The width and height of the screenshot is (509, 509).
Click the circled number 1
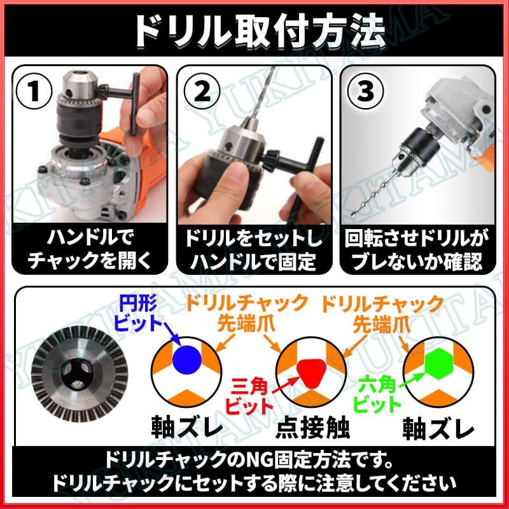coord(34,91)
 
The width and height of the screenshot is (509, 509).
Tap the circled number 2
coord(202,91)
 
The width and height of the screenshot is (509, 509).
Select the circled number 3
coord(365,90)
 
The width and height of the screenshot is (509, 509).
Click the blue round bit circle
coord(187,359)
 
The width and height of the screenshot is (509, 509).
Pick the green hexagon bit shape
coord(438,363)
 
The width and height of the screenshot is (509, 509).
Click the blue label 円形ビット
coord(138,313)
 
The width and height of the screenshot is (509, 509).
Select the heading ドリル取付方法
coord(260,31)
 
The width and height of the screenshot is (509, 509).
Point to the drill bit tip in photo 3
coord(353,214)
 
